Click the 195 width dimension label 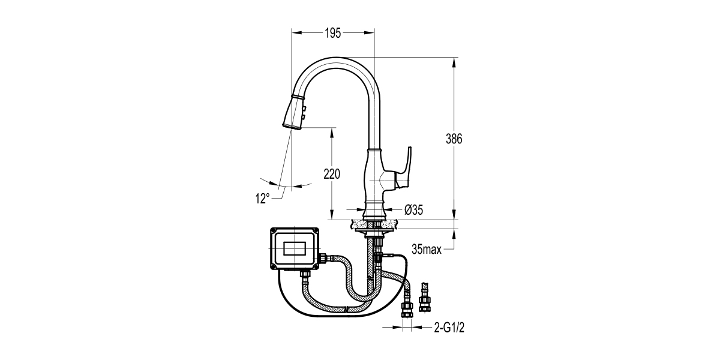click(x=333, y=34)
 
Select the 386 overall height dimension click(x=454, y=139)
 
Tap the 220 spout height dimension click(x=332, y=175)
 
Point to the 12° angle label click(x=262, y=199)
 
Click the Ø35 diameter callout click(x=414, y=209)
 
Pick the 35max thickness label click(x=427, y=249)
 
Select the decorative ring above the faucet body click(x=374, y=149)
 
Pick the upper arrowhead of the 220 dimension click(x=332, y=131)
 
